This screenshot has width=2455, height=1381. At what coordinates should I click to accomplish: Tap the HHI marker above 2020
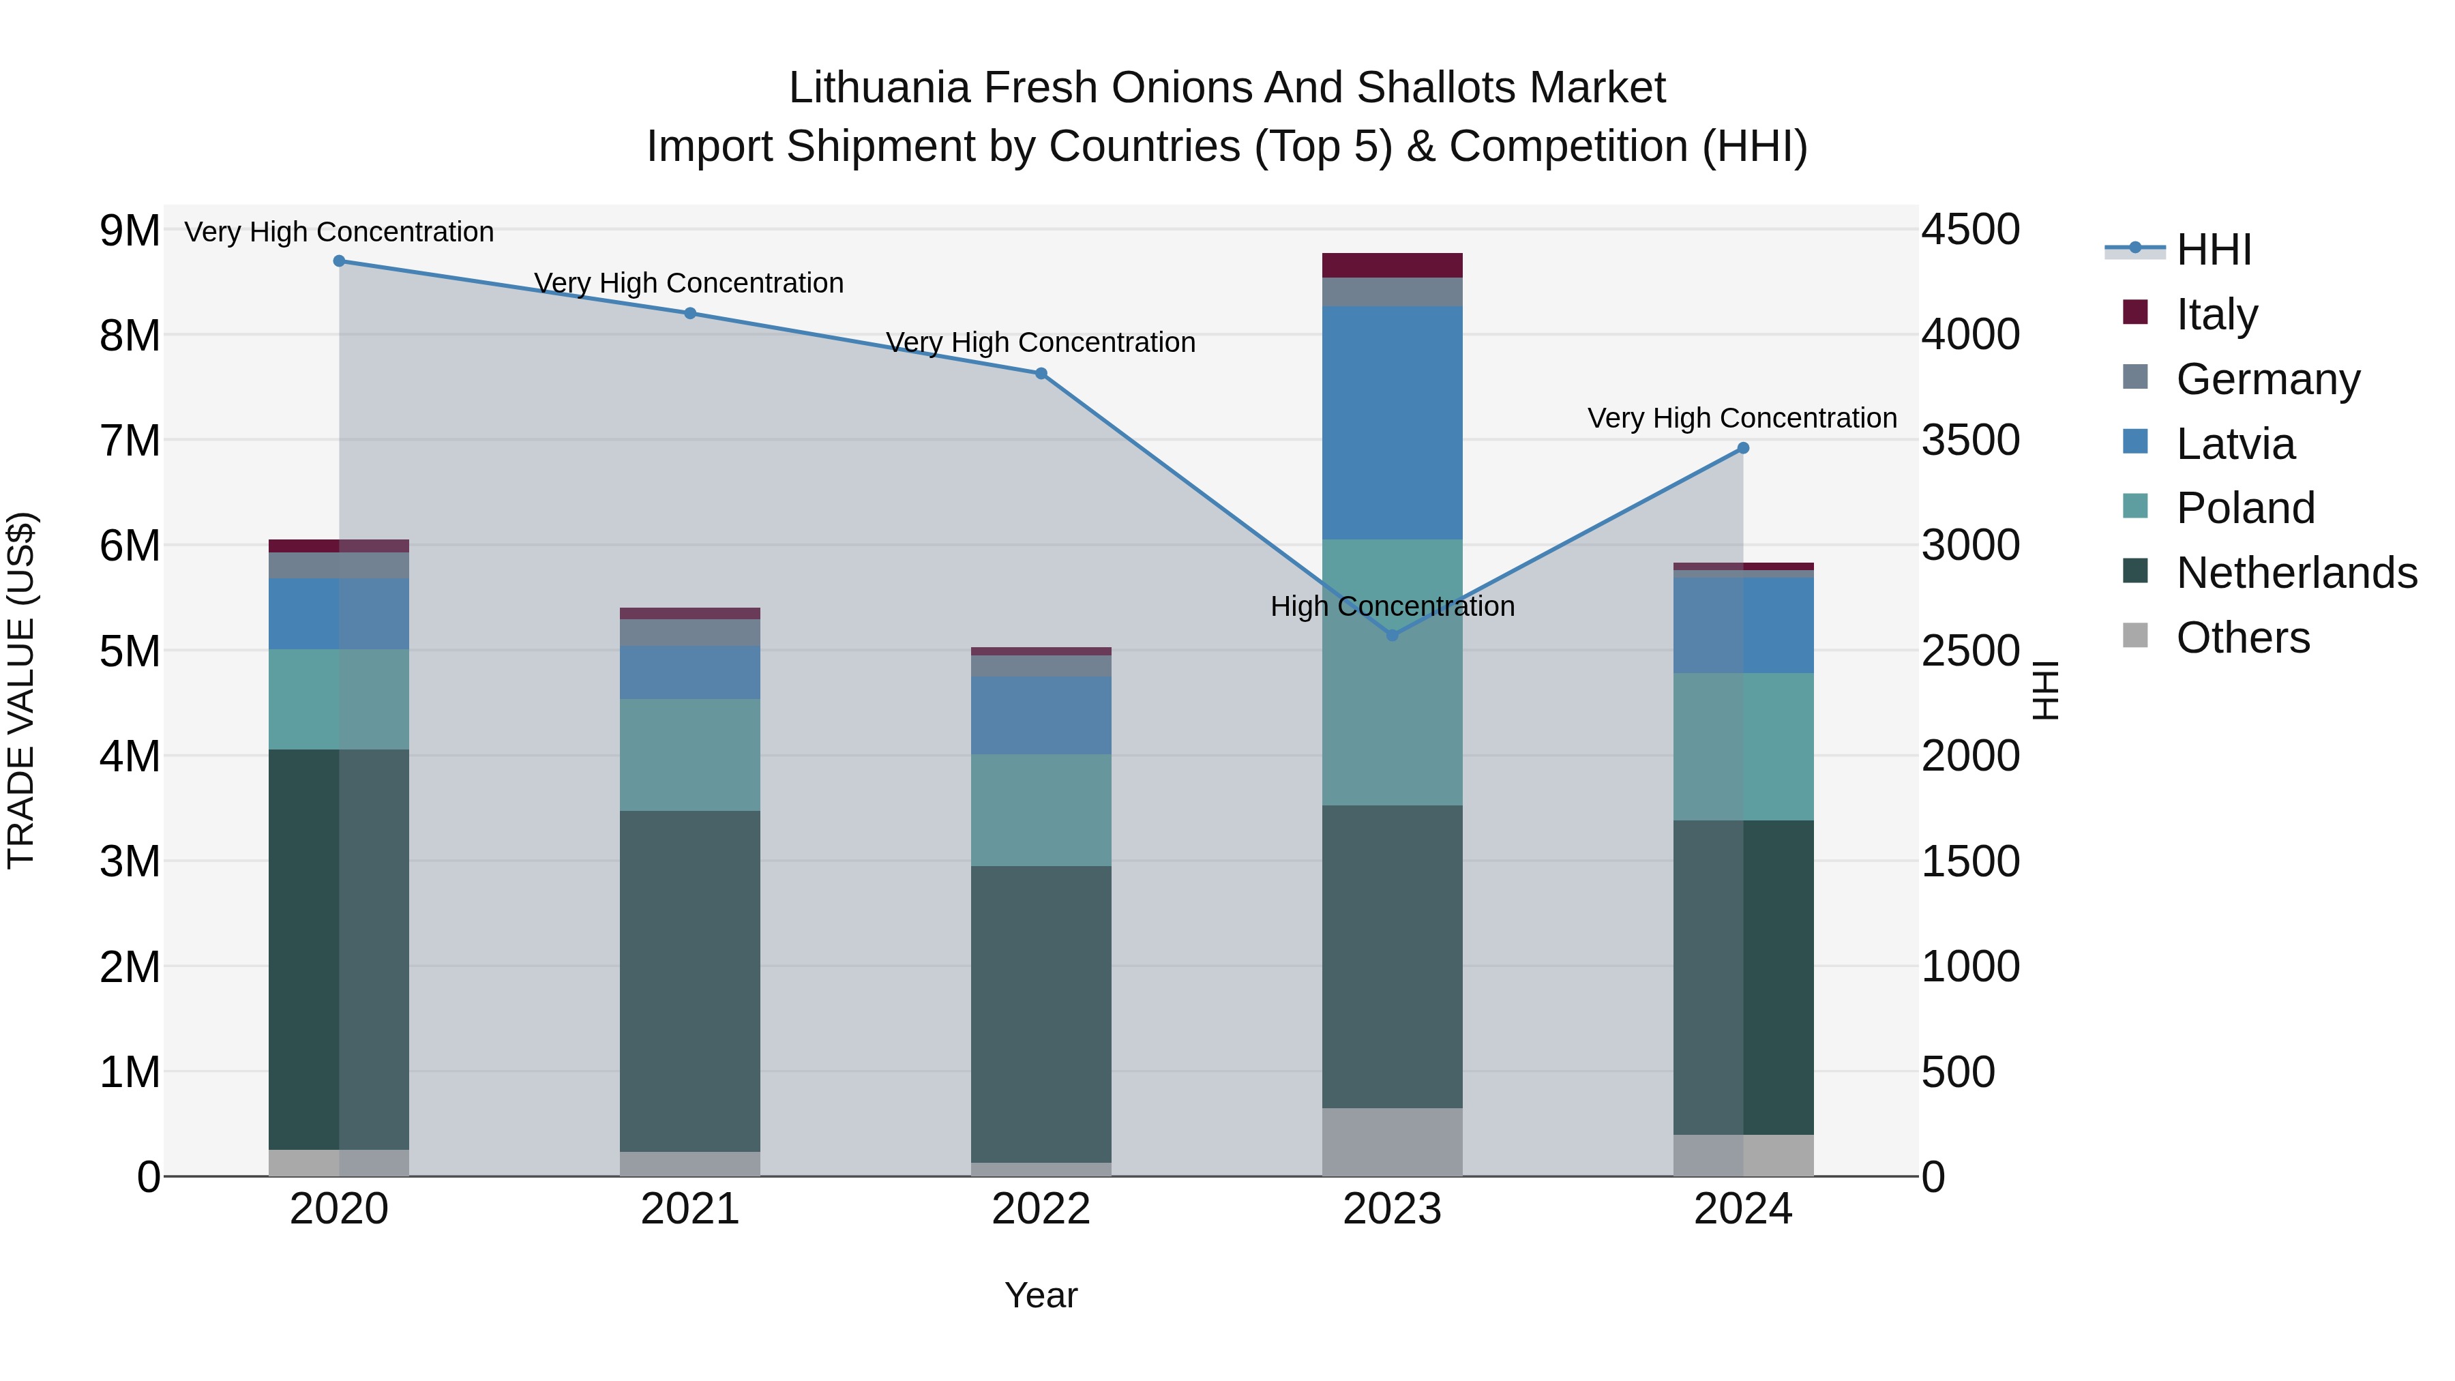click(340, 261)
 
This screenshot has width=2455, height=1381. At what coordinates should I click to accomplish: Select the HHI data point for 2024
click(1743, 448)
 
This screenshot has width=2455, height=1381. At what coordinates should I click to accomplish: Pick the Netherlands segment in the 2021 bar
click(690, 981)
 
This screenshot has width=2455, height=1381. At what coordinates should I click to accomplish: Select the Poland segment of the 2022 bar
click(1041, 810)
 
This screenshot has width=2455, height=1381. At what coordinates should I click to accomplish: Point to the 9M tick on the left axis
click(130, 231)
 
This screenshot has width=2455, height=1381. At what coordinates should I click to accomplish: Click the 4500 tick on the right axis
click(1970, 231)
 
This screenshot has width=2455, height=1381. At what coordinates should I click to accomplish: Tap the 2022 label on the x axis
click(1041, 1209)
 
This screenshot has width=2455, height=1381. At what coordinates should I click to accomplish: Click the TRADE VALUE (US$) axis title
click(21, 690)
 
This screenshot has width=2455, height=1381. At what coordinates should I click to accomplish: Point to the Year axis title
click(1041, 1295)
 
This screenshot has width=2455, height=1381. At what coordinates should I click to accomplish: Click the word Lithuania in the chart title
click(879, 88)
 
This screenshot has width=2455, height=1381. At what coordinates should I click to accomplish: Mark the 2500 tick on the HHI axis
click(1970, 652)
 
